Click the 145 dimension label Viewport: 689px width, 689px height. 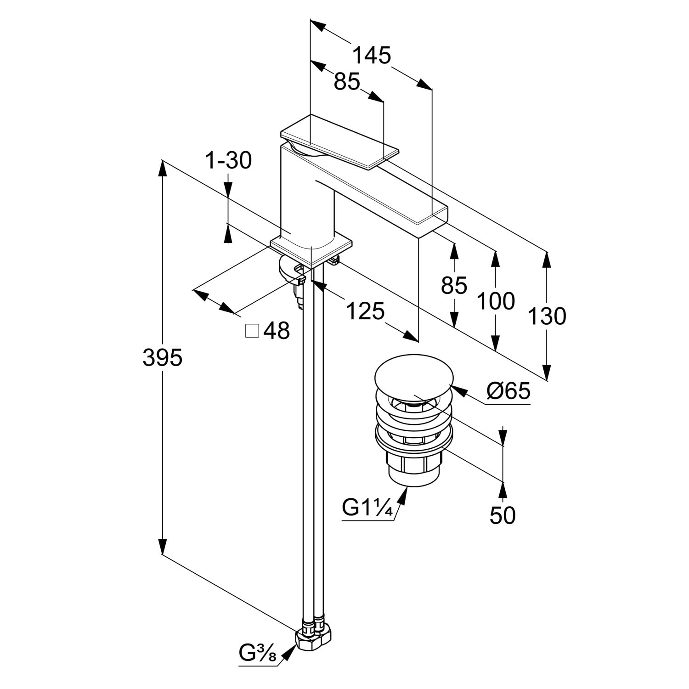click(371, 56)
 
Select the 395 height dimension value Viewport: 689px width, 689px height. click(162, 358)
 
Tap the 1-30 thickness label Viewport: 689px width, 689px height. click(228, 161)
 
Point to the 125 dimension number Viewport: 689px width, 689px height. click(365, 312)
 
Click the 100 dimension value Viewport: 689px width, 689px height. click(496, 301)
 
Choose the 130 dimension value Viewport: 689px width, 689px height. click(546, 316)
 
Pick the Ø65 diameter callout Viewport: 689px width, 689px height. click(508, 391)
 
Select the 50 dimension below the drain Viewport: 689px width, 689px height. click(503, 515)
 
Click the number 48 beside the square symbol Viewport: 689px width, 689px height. click(277, 331)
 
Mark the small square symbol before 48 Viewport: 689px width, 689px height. click(252, 331)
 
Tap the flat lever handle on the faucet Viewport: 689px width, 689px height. click(340, 142)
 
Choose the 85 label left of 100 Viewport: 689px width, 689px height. click(454, 285)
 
